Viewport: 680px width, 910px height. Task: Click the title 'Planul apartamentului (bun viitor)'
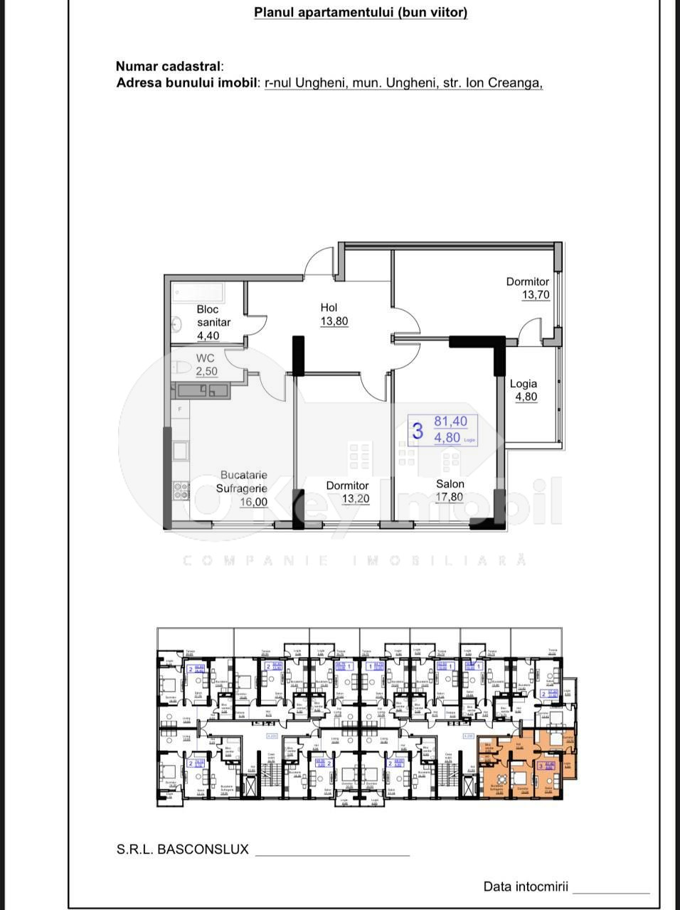361,12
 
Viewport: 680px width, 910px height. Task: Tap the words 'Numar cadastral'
168,67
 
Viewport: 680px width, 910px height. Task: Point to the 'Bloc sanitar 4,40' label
213,322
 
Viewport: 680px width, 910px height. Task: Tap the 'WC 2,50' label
206,365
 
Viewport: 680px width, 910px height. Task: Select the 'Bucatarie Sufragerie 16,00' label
243,488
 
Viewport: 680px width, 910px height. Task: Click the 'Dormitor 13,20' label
347,492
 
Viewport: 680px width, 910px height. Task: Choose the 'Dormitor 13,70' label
528,288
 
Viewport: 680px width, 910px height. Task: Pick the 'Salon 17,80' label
450,491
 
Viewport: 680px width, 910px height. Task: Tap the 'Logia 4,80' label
524,390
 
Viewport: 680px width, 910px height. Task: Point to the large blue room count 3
418,431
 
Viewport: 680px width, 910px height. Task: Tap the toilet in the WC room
181,368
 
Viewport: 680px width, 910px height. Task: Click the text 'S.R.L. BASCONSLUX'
183,849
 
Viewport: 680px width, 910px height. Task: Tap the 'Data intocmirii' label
526,887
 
